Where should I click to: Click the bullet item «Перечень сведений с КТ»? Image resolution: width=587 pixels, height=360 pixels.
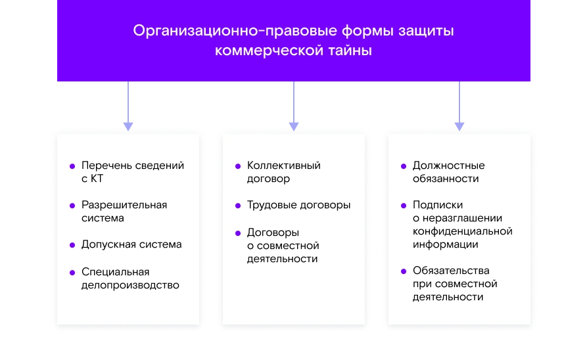[x=132, y=172]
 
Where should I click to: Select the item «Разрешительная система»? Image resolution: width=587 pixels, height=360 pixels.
[x=124, y=212]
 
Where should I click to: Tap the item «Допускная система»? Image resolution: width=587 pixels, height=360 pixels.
[x=131, y=244]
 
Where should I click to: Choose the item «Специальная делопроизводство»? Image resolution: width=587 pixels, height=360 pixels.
[x=129, y=279]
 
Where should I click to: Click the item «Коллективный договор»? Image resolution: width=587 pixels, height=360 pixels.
[x=283, y=172]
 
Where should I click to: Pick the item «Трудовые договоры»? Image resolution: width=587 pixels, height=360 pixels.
[x=298, y=205]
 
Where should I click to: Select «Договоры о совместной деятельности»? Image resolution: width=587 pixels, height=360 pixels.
[x=283, y=246]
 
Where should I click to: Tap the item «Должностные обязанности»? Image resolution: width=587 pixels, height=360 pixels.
[x=448, y=172]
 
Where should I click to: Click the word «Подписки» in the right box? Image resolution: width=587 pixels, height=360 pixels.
[x=438, y=205]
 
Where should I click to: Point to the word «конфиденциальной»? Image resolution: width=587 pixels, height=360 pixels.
[x=462, y=231]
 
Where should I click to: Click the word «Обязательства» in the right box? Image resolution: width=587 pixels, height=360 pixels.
[x=451, y=271]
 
